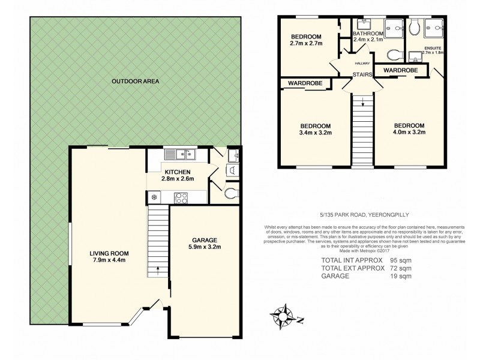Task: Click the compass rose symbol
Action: tap(283, 314)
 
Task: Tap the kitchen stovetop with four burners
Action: tap(181, 197)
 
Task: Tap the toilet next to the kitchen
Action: tap(232, 193)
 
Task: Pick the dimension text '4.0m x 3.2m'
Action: tap(410, 133)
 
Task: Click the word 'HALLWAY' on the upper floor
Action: tap(362, 62)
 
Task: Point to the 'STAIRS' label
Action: tap(362, 74)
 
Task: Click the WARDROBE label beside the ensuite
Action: tap(400, 71)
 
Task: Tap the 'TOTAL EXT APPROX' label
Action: tap(352, 268)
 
